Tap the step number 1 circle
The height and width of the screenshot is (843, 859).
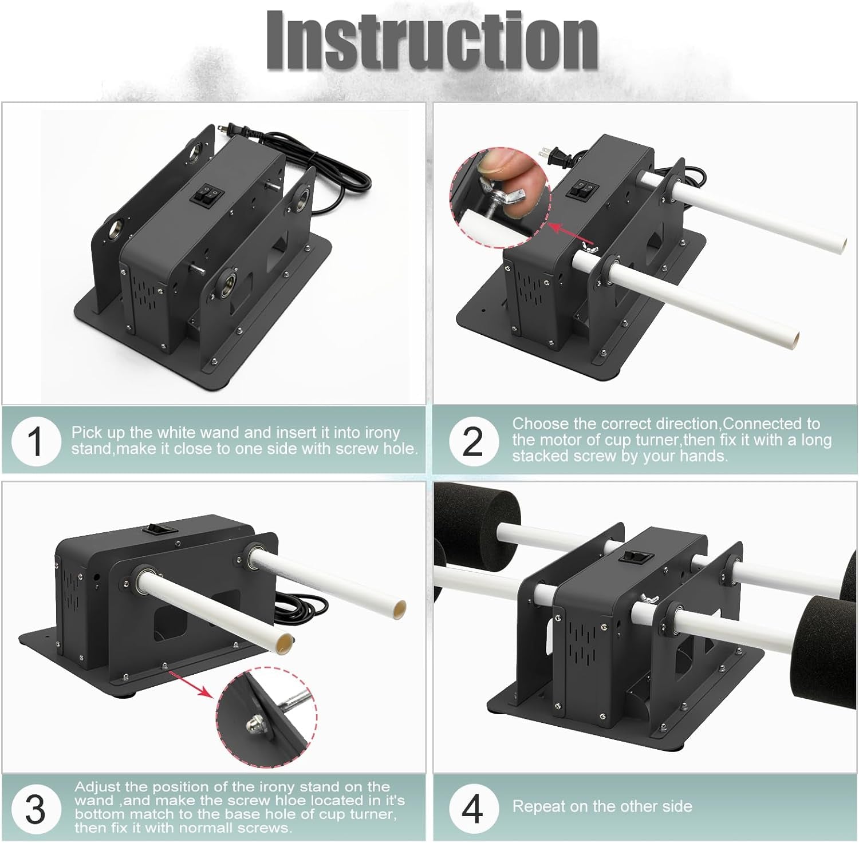point(36,441)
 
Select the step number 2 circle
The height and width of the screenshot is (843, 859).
point(473,441)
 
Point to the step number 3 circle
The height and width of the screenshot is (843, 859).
point(36,809)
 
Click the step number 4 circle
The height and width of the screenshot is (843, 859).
point(473,809)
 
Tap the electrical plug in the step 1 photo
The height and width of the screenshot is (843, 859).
point(227,131)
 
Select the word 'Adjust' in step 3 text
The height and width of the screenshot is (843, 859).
point(95,787)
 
